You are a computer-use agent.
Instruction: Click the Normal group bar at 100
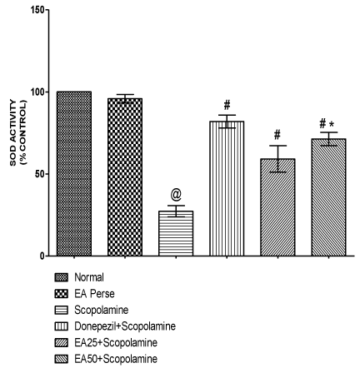pos(74,173)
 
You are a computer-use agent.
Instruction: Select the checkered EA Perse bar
pos(125,177)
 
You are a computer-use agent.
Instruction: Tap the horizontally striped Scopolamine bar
pos(176,233)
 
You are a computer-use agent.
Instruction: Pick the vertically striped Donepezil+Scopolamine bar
pos(227,188)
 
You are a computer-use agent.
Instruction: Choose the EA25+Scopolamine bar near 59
pos(277,207)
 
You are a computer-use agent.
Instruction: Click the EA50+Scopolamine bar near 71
pos(328,197)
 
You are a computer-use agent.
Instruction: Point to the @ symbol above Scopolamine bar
pos(176,195)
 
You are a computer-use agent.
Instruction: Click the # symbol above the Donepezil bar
pos(227,105)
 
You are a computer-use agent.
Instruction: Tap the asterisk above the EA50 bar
pos(331,124)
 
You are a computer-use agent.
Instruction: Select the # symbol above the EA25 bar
pos(277,135)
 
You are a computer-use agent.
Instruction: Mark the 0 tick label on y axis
pos(42,256)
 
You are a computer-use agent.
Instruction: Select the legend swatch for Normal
pos(61,277)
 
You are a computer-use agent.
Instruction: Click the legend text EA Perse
pos(94,293)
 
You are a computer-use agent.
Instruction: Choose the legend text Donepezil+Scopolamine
pos(125,326)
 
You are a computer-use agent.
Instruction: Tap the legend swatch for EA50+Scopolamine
pos(61,359)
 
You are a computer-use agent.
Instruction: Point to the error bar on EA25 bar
pos(277,159)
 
